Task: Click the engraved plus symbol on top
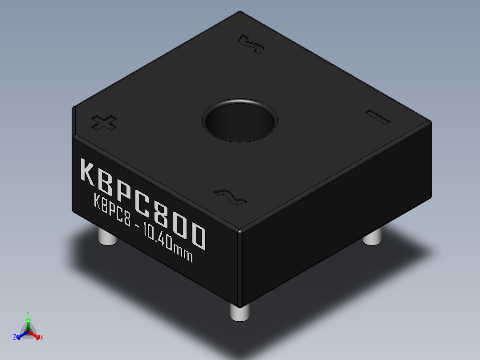(x=104, y=123)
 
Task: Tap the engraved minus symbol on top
(x=377, y=116)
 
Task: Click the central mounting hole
(x=240, y=121)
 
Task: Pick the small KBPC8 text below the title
(x=112, y=212)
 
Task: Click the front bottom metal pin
(x=240, y=312)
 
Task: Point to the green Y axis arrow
(x=28, y=320)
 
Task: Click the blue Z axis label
(x=15, y=337)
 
